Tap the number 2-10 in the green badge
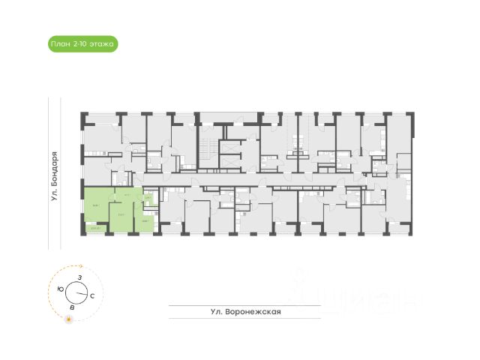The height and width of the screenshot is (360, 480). coord(79,45)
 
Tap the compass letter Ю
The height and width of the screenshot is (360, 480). coord(60,289)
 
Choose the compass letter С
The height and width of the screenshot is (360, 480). coord(91,296)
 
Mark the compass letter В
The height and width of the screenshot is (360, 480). coord(72,307)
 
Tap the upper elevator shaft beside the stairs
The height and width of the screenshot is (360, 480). coord(229,147)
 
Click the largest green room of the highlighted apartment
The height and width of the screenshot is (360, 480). coord(95,204)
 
